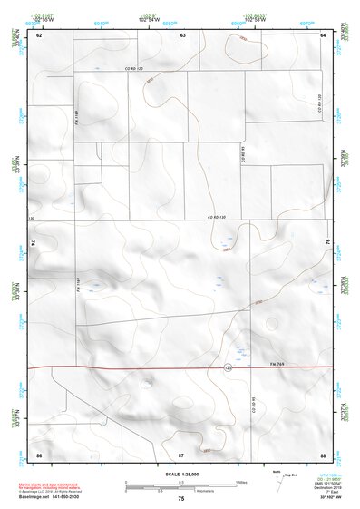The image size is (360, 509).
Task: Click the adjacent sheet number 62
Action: pyautogui.click(x=40, y=34)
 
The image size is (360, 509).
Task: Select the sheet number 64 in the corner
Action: pyautogui.click(x=323, y=34)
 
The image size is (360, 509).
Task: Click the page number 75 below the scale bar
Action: pyautogui.click(x=181, y=499)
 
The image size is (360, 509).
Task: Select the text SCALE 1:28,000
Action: pyautogui.click(x=181, y=474)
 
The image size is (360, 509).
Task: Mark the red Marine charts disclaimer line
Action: pyautogui.click(x=46, y=485)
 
